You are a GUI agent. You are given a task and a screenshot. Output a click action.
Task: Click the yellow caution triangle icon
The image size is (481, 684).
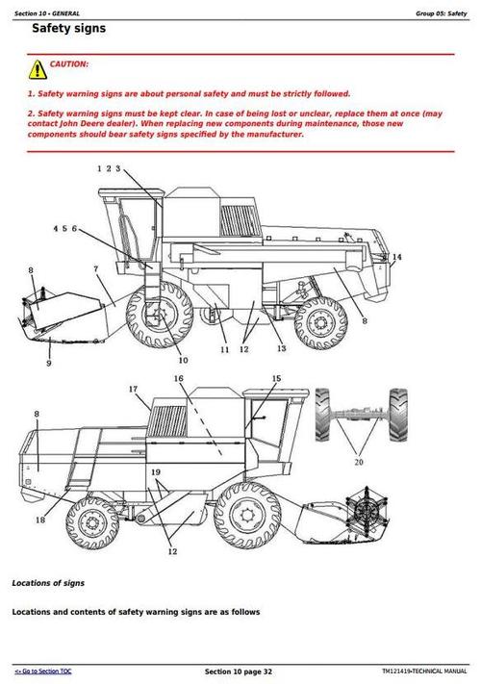[x=37, y=68]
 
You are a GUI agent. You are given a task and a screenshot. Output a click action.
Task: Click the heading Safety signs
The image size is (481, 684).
[x=68, y=29]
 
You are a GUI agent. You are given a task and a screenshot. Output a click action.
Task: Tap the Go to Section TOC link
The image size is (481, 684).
[x=43, y=670]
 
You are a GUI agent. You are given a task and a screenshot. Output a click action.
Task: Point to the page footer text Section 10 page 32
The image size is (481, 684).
[x=239, y=670]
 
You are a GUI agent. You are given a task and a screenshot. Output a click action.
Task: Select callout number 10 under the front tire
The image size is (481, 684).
[x=183, y=360]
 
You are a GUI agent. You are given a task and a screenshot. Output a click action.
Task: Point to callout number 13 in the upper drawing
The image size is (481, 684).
[x=282, y=348]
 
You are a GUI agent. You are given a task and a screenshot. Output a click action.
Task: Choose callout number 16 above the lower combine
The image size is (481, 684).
[x=179, y=378]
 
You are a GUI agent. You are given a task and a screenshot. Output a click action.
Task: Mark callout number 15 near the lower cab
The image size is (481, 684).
[x=276, y=379]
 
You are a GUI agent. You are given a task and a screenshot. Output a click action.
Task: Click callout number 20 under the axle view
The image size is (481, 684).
[x=360, y=461]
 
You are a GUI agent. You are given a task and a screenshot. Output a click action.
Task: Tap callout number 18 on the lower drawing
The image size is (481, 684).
[x=40, y=520]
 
